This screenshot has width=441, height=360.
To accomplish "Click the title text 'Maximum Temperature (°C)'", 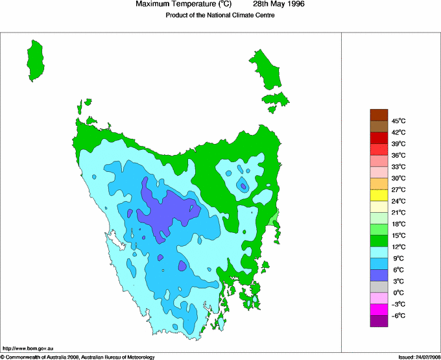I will (183, 5).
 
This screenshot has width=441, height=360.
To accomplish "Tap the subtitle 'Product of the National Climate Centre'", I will (220, 16).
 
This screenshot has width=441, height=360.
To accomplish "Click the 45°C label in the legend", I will (399, 121).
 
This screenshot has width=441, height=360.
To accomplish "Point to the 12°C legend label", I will (399, 247).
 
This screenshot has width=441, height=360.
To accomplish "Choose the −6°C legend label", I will (399, 316).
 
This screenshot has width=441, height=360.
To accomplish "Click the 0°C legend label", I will (399, 293).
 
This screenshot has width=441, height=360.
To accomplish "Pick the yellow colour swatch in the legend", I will (379, 195).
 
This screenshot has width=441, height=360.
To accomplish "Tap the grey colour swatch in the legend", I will (379, 286).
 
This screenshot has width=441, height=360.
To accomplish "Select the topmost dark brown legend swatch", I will (379, 115).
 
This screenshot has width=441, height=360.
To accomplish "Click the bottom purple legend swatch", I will (379, 320).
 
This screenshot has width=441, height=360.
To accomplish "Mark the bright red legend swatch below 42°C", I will (379, 138).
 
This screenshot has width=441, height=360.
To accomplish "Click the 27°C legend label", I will (399, 190).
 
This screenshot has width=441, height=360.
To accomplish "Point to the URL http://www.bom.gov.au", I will (25, 349).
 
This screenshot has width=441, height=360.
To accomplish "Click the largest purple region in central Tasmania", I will (169, 211).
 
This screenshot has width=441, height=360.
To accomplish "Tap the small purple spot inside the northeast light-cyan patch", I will (243, 186).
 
